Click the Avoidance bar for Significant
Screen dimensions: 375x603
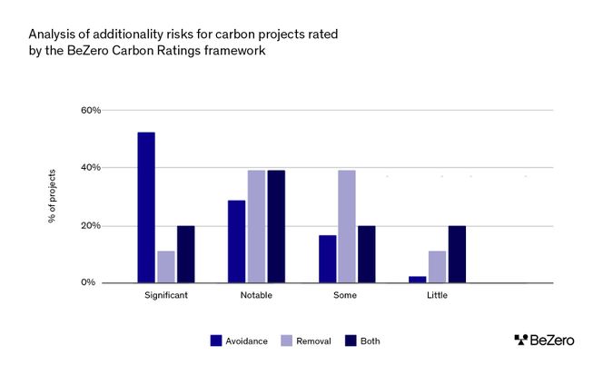pos(146,208)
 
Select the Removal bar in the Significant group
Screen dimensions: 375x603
pos(165,267)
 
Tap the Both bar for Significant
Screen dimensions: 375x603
pos(185,254)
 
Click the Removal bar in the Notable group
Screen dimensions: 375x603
pos(256,226)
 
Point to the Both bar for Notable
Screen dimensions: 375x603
pos(276,226)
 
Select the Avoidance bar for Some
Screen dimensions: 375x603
pos(327,259)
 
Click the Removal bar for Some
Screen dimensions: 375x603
pos(346,226)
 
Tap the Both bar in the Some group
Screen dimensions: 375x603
pos(366,254)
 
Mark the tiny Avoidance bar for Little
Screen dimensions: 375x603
pos(417,280)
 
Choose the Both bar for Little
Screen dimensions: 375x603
pos(457,254)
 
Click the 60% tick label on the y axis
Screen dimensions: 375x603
pos(90,111)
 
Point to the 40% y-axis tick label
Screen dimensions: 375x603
pos(90,168)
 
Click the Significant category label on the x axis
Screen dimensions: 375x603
pos(166,296)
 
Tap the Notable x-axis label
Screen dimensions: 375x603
pos(256,296)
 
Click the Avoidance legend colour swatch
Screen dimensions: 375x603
pos(216,340)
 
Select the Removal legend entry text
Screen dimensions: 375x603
pos(313,341)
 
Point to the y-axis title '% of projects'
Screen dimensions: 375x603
pos(52,196)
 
